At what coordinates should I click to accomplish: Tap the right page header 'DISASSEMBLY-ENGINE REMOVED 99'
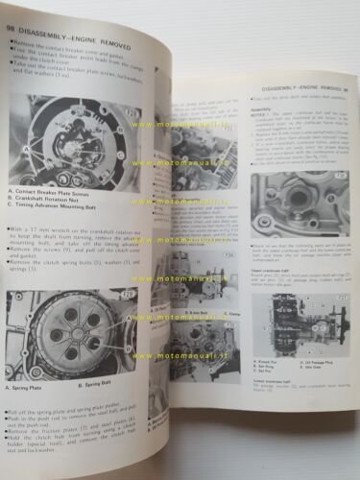[x=288, y=88]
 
